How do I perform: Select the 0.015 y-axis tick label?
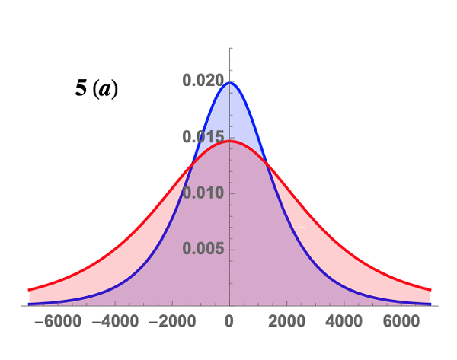[x=202, y=137]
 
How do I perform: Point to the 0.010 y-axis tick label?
[x=202, y=193]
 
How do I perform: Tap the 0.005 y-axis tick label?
[x=202, y=249]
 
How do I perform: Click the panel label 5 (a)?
[x=96, y=90]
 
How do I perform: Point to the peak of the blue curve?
[x=230, y=83]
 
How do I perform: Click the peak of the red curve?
[x=230, y=141]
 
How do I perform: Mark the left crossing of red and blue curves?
[x=193, y=161]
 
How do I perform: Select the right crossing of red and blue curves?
[x=266, y=161]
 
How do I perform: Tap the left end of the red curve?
[x=29, y=290]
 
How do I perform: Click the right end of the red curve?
[x=431, y=290]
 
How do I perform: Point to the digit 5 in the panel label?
[x=80, y=90]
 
